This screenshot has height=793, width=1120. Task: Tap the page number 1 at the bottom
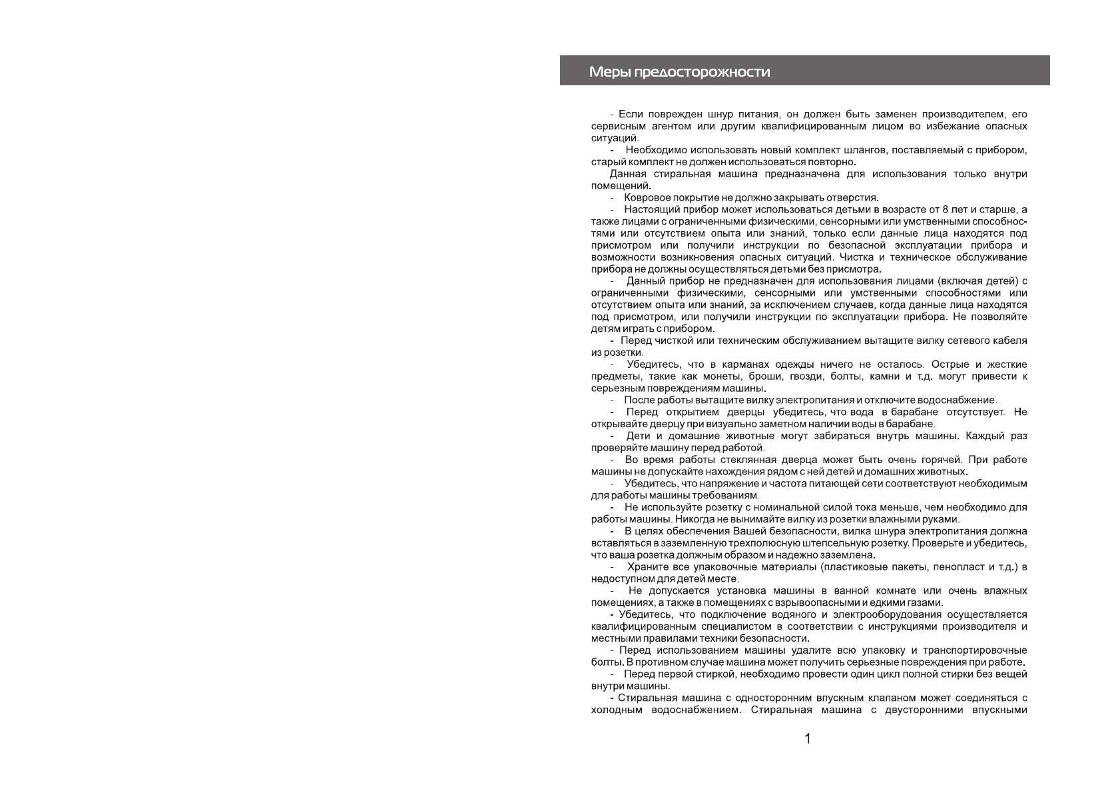tap(808, 738)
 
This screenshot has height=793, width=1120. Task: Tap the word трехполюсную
tap(744, 543)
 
